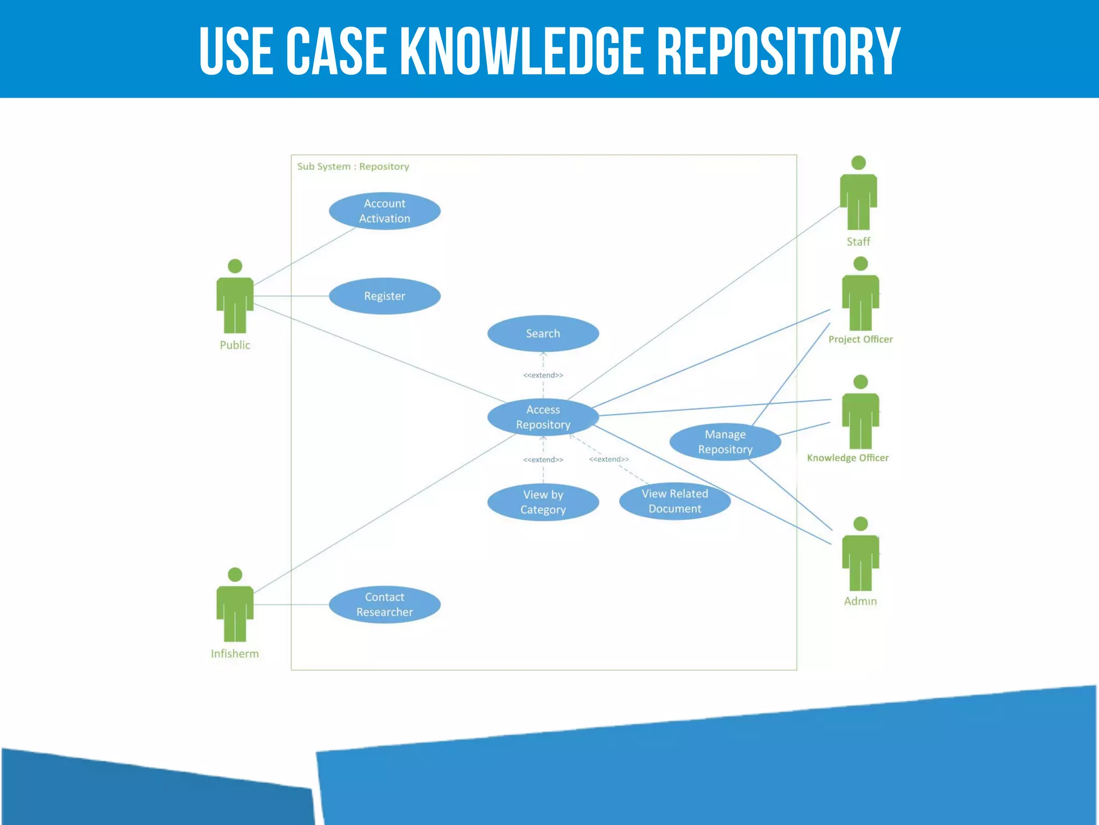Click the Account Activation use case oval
click(384, 211)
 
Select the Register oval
click(384, 296)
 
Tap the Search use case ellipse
click(543, 334)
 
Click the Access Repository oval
click(543, 417)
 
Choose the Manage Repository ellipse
click(725, 442)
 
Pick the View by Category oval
click(543, 502)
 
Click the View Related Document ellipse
click(675, 501)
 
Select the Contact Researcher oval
click(384, 604)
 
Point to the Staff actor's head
click(859, 163)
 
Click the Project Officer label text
click(860, 339)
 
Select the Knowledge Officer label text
click(847, 458)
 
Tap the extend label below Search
click(543, 375)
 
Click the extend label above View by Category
click(543, 460)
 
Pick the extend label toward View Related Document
click(609, 459)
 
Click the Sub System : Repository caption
click(353, 167)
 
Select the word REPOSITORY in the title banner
click(778, 51)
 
